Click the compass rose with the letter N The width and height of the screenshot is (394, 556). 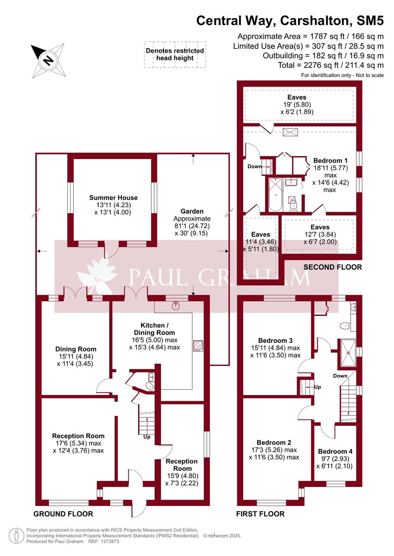[47, 60]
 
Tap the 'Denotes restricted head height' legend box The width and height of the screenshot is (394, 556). [174, 55]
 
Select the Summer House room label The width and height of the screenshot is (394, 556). [114, 198]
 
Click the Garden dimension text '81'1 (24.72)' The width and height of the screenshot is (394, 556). [192, 226]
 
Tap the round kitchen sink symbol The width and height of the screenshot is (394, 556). [175, 305]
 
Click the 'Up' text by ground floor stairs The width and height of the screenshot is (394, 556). [147, 436]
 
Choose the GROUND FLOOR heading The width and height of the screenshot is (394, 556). [63, 514]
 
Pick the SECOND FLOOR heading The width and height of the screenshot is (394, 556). [332, 267]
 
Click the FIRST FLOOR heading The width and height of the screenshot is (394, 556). [260, 514]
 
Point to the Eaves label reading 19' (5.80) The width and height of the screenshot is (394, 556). [297, 105]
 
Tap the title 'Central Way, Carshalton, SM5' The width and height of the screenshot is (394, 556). [290, 20]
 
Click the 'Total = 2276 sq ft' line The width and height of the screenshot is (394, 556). [330, 65]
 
